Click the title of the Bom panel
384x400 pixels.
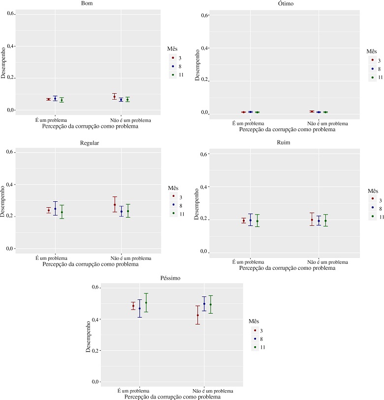point(89,4)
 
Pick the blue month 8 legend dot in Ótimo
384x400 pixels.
point(373,69)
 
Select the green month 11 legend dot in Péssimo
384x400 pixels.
point(255,347)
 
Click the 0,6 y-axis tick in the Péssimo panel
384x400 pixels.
point(95,288)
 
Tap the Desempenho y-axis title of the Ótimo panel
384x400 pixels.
point(198,64)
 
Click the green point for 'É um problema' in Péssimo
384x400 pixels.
point(146,303)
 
